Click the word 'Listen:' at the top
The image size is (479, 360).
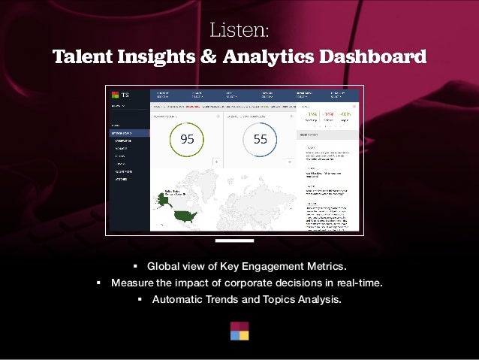pos(239,31)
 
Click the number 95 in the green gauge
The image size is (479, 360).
pos(187,139)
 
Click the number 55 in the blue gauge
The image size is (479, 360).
pos(260,139)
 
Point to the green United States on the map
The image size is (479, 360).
pos(184,216)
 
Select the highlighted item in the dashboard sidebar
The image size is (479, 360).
pos(128,133)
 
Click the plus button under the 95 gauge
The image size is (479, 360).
pos(216,162)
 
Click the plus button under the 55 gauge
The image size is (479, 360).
pos(289,162)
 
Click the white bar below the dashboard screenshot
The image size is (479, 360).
pos(234,241)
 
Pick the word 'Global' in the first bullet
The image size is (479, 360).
pos(163,266)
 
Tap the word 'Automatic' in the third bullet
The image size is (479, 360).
pos(176,299)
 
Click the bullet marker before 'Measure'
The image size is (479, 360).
pos(98,283)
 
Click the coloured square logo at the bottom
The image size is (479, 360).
pos(239,331)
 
